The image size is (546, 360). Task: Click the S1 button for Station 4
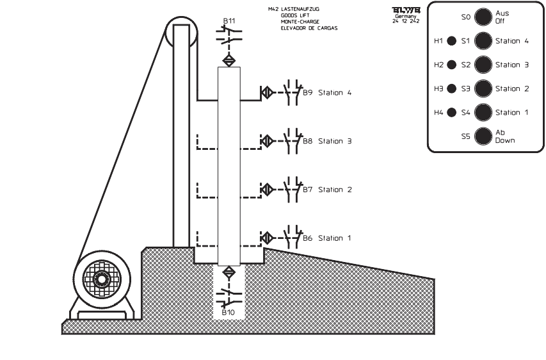pyautogui.click(x=483, y=41)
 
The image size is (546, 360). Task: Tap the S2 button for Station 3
pyautogui.click(x=483, y=65)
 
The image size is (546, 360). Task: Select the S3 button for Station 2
pyautogui.click(x=483, y=88)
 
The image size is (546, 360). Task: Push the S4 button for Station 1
pyautogui.click(x=483, y=112)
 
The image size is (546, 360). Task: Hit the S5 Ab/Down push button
pyautogui.click(x=483, y=136)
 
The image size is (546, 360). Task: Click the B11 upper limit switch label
pyautogui.click(x=229, y=21)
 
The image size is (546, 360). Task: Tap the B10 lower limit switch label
pyautogui.click(x=229, y=313)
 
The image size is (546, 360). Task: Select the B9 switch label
pyautogui.click(x=307, y=93)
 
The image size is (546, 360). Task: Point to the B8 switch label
pyautogui.click(x=307, y=141)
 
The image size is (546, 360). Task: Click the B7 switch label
pyautogui.click(x=307, y=190)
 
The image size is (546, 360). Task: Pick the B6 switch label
pyautogui.click(x=307, y=238)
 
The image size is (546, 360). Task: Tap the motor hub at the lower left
pyautogui.click(x=101, y=279)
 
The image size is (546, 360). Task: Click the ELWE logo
pyautogui.click(x=405, y=10)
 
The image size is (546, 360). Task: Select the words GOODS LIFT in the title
pyautogui.click(x=295, y=15)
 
